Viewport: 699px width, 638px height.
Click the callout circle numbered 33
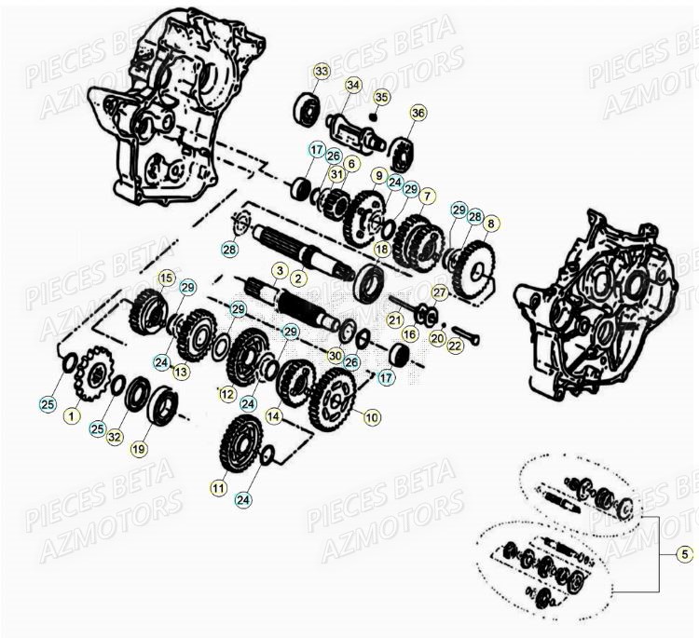click(x=322, y=72)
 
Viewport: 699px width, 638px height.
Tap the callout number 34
click(x=352, y=85)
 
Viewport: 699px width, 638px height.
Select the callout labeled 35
click(x=381, y=97)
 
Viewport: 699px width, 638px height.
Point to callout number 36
click(x=418, y=113)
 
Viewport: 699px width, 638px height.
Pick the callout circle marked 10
click(x=372, y=417)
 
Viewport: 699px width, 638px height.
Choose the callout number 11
click(x=219, y=486)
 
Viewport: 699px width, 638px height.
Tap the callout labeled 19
click(x=138, y=448)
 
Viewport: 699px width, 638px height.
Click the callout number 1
click(x=71, y=417)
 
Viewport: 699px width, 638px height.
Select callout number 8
click(x=491, y=224)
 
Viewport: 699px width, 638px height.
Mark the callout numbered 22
click(x=455, y=346)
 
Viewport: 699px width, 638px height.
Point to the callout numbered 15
click(x=166, y=278)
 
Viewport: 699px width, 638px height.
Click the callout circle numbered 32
click(x=115, y=435)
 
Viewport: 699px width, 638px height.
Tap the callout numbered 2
click(x=298, y=278)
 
